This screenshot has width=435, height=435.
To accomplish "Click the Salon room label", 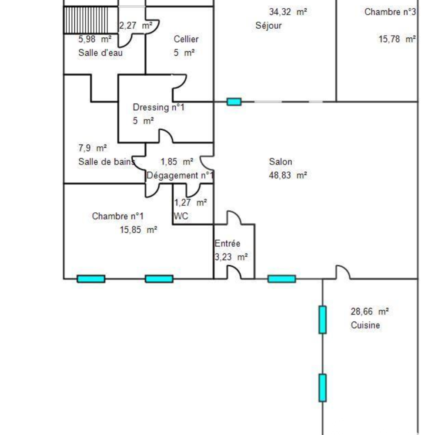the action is coord(281,162).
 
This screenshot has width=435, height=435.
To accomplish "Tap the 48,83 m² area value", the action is coord(288,175).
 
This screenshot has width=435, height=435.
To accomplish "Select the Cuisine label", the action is coord(365,325).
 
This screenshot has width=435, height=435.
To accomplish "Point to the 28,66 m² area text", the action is coord(369,311).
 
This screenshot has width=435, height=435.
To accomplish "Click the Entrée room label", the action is coord(228,243).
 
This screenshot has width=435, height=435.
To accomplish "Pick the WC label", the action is coord(181,216).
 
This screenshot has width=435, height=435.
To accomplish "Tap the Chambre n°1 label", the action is coord(118,216).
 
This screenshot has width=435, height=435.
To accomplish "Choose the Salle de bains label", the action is coord(107,162).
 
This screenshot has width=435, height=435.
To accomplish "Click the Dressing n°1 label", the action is coord(159,107).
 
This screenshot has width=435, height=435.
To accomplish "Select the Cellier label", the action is coord(186,39).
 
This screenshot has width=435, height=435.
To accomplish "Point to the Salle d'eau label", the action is coord(100,53).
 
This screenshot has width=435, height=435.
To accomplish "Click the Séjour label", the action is coord(268,26).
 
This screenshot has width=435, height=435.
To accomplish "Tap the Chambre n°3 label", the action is coord(390,12).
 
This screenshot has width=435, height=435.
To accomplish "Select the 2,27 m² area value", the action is coord(136,26).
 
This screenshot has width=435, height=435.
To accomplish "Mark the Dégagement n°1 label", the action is coord(180,175).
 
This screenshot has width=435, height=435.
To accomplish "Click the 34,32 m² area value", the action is coord(288,12).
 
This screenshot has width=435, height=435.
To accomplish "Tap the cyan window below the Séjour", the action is coord(234,102).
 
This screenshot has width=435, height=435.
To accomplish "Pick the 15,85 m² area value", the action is coord(138,230).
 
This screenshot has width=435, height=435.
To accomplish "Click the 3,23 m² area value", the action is coord(231,257).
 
